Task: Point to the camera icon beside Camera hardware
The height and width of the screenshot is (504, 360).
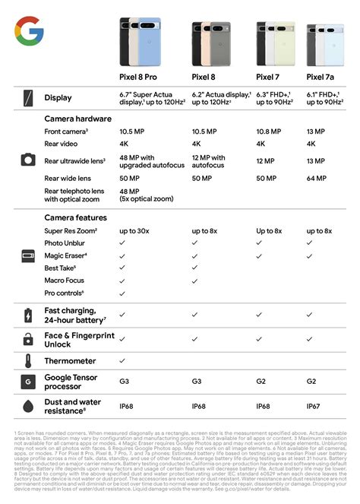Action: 27,160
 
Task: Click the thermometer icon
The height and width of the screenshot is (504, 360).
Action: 27,360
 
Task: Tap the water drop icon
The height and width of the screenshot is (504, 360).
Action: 27,407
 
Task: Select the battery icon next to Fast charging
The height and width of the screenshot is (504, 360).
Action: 27,314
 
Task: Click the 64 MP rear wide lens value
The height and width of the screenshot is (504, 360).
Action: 317,178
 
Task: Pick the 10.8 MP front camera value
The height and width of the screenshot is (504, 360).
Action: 270,132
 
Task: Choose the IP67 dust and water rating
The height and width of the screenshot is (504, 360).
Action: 314,407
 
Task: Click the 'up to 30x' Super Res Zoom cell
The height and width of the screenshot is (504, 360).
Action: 133,230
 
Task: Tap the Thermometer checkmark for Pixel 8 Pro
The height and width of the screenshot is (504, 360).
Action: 122,360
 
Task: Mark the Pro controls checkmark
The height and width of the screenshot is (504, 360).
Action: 122,293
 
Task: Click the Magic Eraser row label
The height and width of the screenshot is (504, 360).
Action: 65,255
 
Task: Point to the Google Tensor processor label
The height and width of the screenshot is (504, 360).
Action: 73,382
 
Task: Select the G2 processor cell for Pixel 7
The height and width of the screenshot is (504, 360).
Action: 261,382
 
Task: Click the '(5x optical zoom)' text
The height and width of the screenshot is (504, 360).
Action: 147,200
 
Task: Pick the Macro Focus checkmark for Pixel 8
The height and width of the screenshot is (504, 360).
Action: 195,281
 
